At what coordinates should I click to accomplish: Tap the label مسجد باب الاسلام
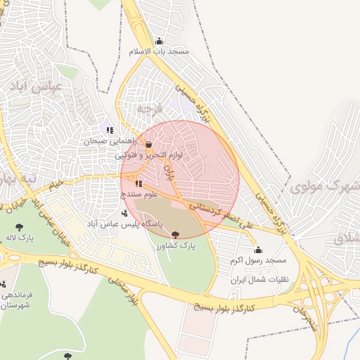(159, 52)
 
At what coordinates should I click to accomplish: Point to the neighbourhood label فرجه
(149, 109)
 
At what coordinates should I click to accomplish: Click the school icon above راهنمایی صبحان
(110, 130)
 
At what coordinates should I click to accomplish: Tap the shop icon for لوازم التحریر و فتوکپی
(148, 144)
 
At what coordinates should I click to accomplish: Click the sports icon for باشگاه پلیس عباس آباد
(125, 213)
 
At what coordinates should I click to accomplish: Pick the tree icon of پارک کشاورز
(175, 235)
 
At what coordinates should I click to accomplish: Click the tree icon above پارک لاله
(20, 226)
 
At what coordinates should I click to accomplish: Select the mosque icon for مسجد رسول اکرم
(258, 250)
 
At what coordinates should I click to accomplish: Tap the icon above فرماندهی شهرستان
(6, 285)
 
